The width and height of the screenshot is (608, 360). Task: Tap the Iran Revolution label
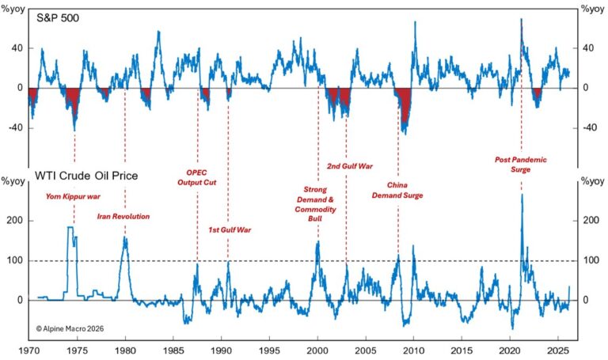[123, 215]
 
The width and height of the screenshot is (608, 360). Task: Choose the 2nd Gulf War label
[349, 167]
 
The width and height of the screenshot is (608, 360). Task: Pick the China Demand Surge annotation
[397, 190]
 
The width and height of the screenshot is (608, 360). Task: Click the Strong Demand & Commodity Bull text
[317, 203]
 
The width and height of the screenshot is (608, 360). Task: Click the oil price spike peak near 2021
[522, 195]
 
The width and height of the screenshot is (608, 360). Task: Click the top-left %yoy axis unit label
[13, 9]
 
